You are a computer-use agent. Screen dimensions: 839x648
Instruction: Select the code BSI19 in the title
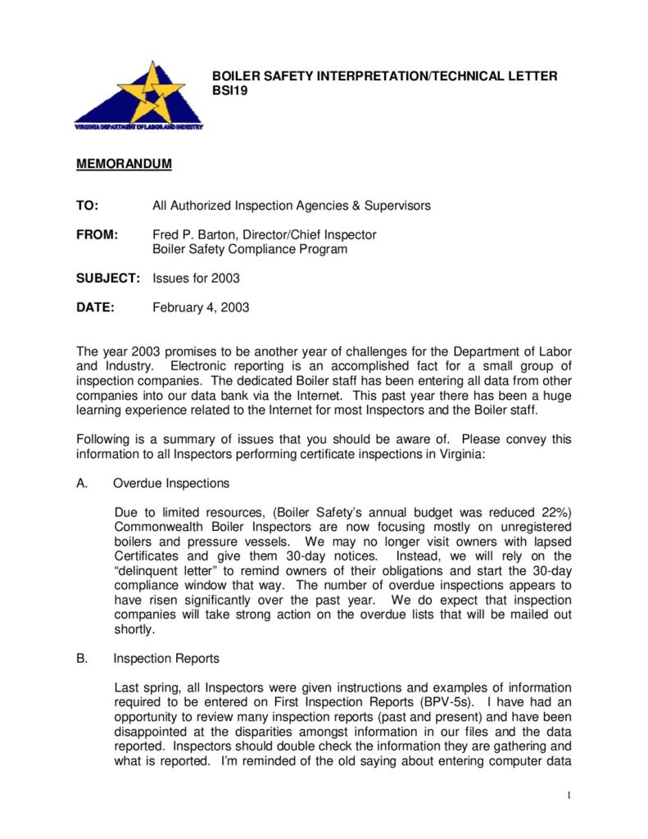pos(229,91)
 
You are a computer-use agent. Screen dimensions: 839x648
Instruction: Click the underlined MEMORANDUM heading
pos(124,164)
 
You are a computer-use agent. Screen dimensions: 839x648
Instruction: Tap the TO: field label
pos(88,206)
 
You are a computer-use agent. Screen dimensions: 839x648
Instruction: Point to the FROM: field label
pos(97,235)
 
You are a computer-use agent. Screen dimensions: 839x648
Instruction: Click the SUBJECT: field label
pos(109,279)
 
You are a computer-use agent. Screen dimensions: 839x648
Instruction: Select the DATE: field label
pos(95,308)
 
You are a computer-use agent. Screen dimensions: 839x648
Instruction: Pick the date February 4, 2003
pos(201,308)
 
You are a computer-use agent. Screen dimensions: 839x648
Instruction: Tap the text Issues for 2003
pos(197,279)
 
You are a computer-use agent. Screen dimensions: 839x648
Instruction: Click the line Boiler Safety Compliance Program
pos(250,249)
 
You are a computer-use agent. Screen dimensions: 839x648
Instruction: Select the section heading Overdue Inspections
pos(171,483)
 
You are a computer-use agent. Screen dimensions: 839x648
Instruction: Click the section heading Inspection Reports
pos(166,659)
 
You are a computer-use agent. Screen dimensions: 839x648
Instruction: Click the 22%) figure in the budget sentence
pos(553,512)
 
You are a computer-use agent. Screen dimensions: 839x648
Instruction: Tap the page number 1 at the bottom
pos(568,796)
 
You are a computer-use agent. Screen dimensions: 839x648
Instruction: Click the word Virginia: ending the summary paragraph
pos(461,454)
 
